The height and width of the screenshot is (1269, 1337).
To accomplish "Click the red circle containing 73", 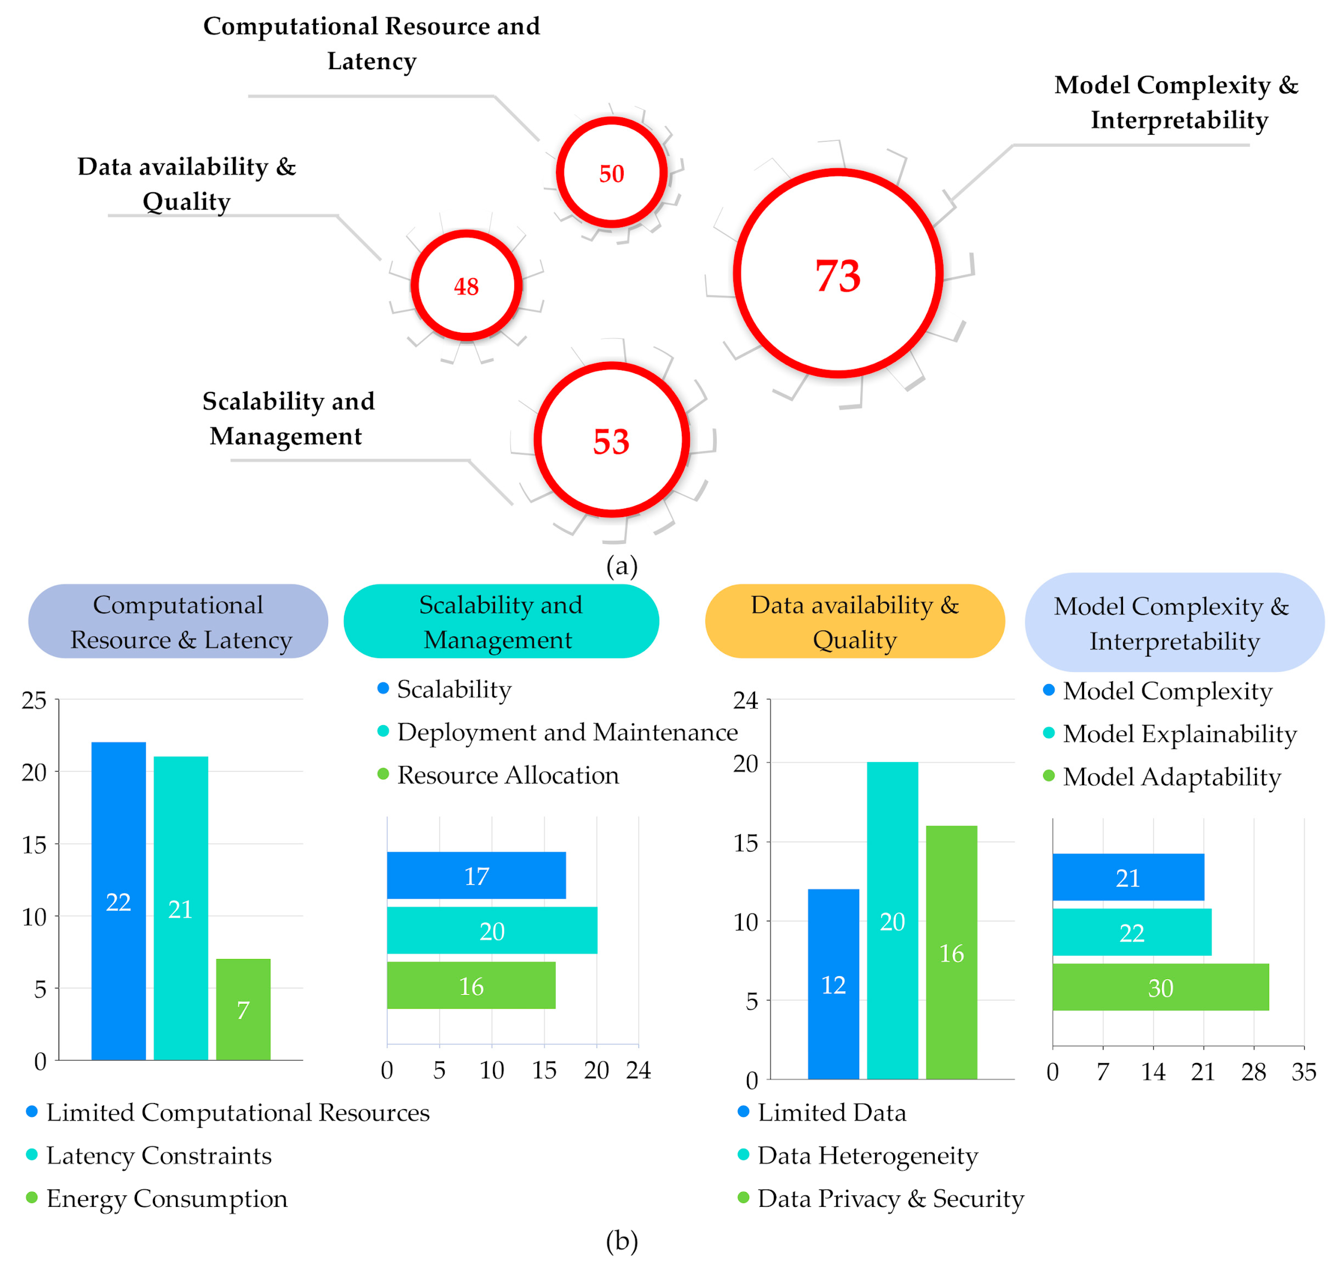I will pos(838,273).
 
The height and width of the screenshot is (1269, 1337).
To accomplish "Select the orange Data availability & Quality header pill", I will pos(855,621).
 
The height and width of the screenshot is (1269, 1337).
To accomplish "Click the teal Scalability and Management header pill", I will pos(501,621).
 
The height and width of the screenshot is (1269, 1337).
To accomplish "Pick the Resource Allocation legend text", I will pos(507,774).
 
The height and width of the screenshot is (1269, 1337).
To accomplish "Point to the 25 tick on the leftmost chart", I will pos(34,700).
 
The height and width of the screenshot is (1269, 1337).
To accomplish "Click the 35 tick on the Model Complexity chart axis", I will pos(1303,1071).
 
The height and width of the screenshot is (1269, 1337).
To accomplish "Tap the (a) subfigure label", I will pos(621,565).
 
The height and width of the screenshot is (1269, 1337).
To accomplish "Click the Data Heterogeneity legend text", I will pos(867,1155).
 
